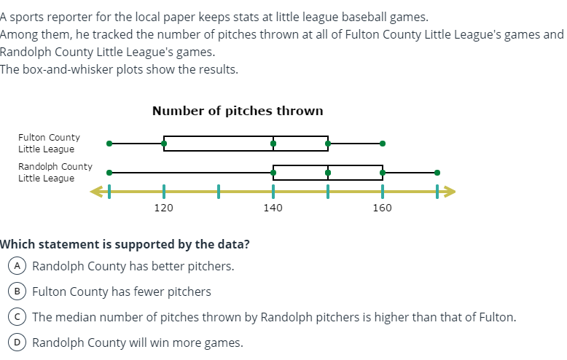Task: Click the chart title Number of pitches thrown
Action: tap(238, 111)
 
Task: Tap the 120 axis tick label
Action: tap(163, 208)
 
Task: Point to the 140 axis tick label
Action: tap(273, 208)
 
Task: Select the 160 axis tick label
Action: tap(382, 208)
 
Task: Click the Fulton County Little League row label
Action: tap(49, 143)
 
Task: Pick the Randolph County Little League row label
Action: tap(55, 172)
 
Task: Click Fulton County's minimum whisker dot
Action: tap(109, 144)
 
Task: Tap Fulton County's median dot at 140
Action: tap(273, 144)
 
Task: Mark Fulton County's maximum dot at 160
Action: tap(383, 144)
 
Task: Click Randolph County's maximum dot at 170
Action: tap(437, 173)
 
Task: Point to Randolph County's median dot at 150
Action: tap(328, 173)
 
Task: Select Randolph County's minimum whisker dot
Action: tap(109, 173)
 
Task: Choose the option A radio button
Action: tap(15, 266)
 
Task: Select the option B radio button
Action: tap(15, 291)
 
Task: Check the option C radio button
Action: tap(15, 317)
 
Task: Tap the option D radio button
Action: tap(15, 343)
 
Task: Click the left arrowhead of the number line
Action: tap(95, 192)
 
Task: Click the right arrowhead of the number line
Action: tap(451, 192)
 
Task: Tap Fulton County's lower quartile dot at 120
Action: tap(164, 144)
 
